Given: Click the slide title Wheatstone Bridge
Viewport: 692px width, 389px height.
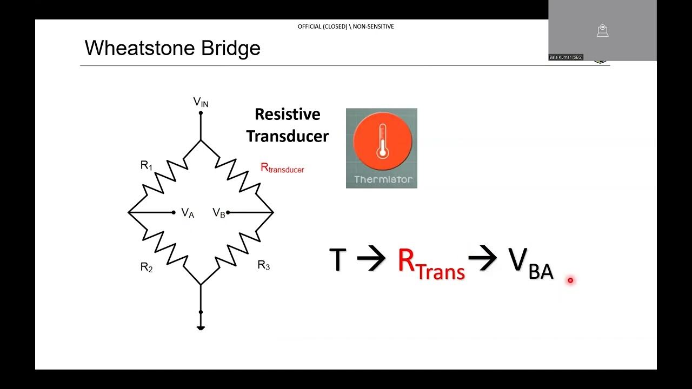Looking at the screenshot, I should click(x=172, y=49).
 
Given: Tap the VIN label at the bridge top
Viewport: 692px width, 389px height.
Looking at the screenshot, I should click(x=201, y=102).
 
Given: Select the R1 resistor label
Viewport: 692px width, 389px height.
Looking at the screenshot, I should click(x=147, y=165).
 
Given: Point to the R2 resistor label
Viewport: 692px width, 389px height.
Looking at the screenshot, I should click(x=147, y=267).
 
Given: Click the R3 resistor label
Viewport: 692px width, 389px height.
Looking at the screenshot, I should click(x=263, y=265).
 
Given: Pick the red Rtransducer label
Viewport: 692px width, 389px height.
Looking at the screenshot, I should click(x=282, y=168).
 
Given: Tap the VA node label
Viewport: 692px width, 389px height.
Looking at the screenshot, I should click(x=188, y=213).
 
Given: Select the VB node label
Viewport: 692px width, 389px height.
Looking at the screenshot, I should click(x=219, y=213).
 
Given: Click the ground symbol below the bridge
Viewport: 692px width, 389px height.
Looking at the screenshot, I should click(x=201, y=326).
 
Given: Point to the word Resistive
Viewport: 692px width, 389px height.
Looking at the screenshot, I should click(x=287, y=115).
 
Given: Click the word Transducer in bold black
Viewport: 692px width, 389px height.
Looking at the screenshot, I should click(x=287, y=136).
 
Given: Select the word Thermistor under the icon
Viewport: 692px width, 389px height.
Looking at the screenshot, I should click(x=383, y=179).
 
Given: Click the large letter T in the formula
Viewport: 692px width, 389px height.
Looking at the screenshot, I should click(x=337, y=260).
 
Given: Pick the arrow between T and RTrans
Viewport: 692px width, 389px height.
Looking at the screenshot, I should click(x=371, y=260).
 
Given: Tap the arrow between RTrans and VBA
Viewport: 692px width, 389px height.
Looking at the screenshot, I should click(x=482, y=260).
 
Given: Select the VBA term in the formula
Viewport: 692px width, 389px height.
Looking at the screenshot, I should click(x=531, y=264).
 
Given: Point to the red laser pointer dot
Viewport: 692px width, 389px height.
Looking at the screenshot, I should click(x=570, y=280).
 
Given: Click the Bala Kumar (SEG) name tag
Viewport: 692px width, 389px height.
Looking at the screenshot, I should click(x=566, y=57).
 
